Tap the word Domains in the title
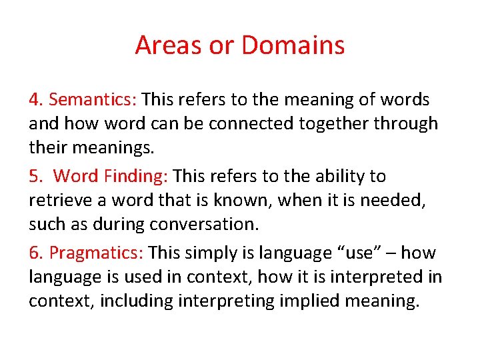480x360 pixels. [293, 45]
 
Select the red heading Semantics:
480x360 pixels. [93, 100]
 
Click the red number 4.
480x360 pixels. [35, 100]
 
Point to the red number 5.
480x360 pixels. [35, 177]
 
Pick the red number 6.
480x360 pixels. [35, 253]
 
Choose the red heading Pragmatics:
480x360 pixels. [96, 253]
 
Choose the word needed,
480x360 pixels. [397, 201]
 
